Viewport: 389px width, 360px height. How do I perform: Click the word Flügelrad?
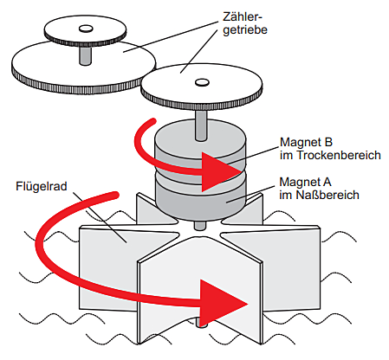tap(42, 186)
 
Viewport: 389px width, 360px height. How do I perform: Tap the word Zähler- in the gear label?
tap(242, 16)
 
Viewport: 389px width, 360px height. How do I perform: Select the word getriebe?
tap(245, 30)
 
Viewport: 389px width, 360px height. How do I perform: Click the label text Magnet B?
tap(306, 142)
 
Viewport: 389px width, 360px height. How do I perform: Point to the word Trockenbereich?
tap(339, 155)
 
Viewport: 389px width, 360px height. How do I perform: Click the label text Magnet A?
tap(305, 182)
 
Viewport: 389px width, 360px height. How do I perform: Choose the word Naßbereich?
tap(327, 195)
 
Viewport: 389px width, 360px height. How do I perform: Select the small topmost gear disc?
tap(85, 31)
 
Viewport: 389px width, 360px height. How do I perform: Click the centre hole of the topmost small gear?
tap(86, 29)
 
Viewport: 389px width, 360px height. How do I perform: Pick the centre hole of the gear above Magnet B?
tap(202, 82)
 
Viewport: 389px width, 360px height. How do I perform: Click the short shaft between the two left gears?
tap(86, 55)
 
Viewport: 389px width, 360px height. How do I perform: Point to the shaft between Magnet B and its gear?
tap(201, 125)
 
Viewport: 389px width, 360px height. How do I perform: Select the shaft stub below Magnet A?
tap(200, 226)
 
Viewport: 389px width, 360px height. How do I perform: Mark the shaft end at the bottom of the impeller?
tap(201, 323)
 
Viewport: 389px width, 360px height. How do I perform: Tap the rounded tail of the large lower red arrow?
tap(115, 196)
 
